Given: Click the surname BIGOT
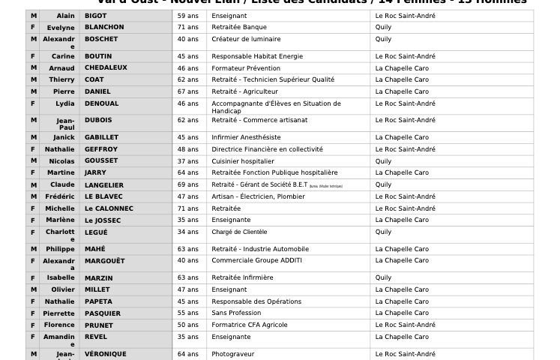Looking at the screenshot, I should pyautogui.click(x=95, y=16).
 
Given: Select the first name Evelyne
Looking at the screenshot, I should pyautogui.click(x=60, y=27).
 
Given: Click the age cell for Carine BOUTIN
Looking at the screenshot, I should pyautogui.click(x=187, y=56).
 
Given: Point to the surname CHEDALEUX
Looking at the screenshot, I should pyautogui.click(x=106, y=67).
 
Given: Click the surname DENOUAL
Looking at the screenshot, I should pyautogui.click(x=101, y=103).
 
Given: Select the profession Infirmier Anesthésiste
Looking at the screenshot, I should pyautogui.click(x=246, y=137).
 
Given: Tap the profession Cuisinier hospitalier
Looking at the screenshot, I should pyautogui.click(x=243, y=160).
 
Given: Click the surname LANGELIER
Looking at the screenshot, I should pyautogui.click(x=104, y=184).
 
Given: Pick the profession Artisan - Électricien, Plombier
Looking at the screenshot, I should pyautogui.click(x=258, y=196).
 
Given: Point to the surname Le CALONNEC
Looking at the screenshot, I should pyautogui.click(x=109, y=208).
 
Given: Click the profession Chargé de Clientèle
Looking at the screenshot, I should pyautogui.click(x=239, y=232).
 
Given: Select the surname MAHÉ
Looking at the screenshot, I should pyautogui.click(x=94, y=249).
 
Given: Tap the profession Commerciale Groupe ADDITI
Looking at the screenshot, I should pyautogui.click(x=256, y=260).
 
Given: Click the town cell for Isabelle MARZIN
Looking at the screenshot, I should pyautogui.click(x=383, y=277).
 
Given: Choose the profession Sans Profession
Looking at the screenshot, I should pyautogui.click(x=236, y=313).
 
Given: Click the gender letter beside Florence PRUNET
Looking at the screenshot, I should pyautogui.click(x=33, y=325).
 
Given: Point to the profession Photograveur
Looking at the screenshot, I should pyautogui.click(x=232, y=354).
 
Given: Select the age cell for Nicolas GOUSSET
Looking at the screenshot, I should pyautogui.click(x=187, y=160).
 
